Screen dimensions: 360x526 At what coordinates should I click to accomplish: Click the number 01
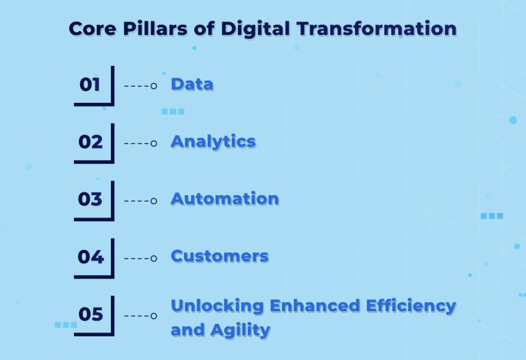click(90, 84)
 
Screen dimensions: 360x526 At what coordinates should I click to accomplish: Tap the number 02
click(90, 142)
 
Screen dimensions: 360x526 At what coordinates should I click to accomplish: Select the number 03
click(90, 199)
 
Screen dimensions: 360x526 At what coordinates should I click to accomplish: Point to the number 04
click(90, 256)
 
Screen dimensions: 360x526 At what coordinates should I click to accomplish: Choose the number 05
click(90, 314)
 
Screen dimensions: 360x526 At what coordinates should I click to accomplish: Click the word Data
click(192, 84)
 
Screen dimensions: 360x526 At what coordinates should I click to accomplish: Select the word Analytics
click(213, 142)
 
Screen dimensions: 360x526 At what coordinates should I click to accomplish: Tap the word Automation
click(224, 199)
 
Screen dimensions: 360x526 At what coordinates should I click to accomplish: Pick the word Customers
click(219, 256)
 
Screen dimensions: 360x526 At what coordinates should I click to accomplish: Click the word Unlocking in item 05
click(217, 306)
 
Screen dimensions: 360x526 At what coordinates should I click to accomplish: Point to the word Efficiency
click(410, 306)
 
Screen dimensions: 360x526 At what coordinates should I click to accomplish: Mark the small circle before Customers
click(154, 258)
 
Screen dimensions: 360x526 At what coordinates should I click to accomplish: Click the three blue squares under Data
click(173, 111)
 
